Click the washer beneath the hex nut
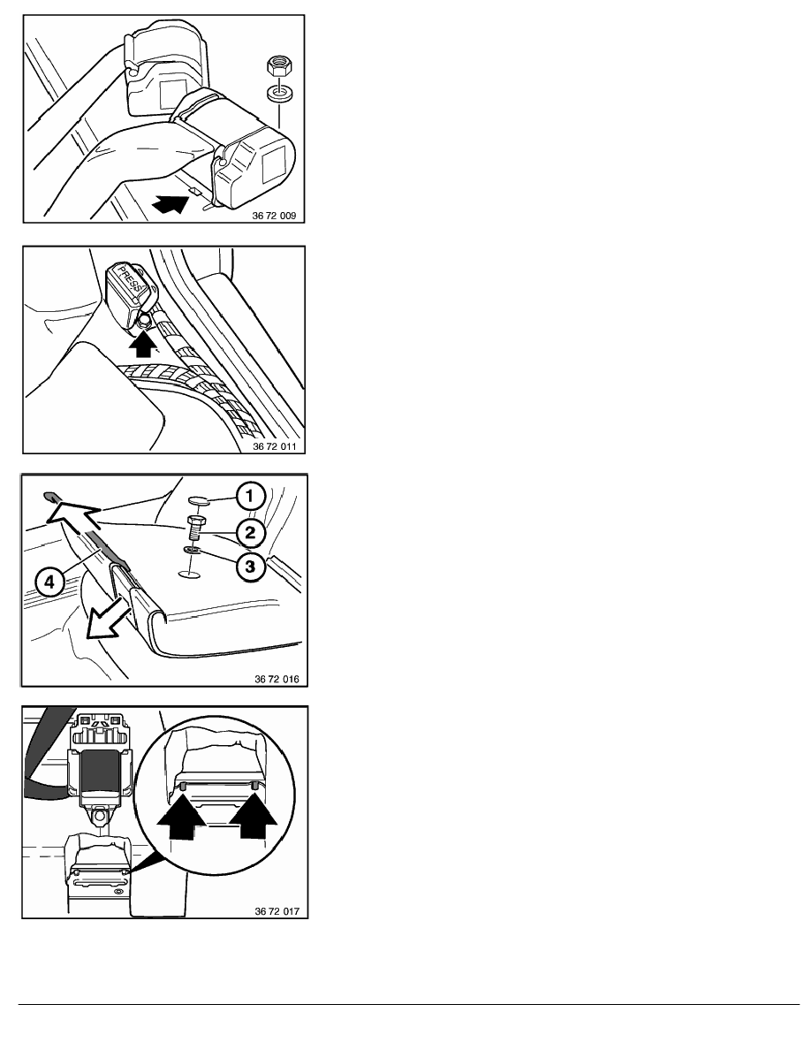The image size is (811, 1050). click(x=277, y=94)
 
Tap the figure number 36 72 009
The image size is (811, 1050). click(x=274, y=216)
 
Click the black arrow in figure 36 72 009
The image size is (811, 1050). click(x=171, y=202)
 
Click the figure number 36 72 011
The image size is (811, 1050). click(x=274, y=446)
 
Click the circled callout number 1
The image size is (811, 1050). click(x=250, y=496)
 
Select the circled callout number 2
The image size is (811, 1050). click(x=250, y=532)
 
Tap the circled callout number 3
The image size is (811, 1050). click(x=250, y=567)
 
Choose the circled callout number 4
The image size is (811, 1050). click(x=49, y=582)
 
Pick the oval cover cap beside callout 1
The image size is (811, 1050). click(x=199, y=498)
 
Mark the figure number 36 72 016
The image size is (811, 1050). click(x=277, y=679)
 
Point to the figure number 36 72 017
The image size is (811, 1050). click(x=277, y=910)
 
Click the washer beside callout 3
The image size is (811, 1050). click(x=192, y=551)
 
